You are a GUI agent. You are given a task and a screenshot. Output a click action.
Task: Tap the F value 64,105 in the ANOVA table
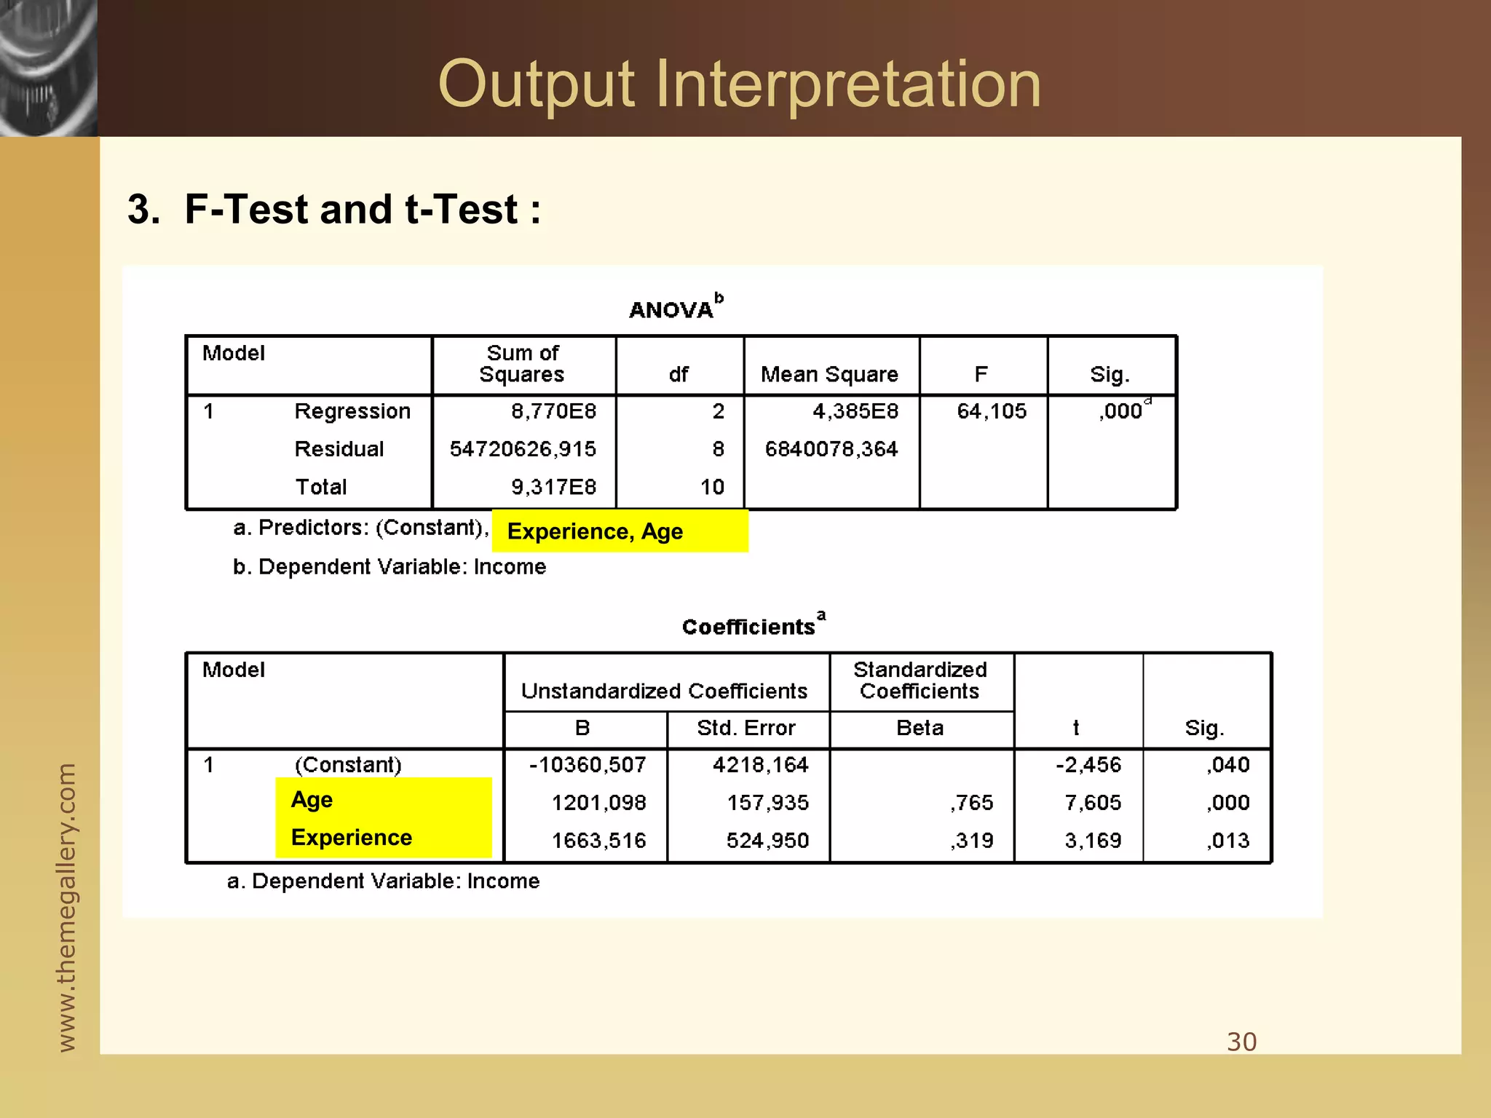coord(991,411)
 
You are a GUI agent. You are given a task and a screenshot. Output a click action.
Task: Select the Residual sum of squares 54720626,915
coord(523,449)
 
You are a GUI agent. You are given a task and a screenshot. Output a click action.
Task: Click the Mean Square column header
coord(829,374)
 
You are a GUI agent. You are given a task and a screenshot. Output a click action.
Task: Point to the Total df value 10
coord(712,487)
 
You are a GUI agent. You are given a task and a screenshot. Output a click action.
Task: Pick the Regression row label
coord(352,411)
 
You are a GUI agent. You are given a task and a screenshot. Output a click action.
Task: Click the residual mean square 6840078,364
coord(831,449)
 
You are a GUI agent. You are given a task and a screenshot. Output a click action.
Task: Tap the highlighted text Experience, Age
coord(595,531)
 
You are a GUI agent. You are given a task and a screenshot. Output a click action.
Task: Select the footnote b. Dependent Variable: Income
coord(389,567)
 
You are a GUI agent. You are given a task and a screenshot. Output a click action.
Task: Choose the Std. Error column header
coord(745,728)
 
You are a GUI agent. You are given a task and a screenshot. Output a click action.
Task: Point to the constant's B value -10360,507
coord(588,765)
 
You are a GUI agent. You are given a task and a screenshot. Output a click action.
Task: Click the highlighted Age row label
coord(312,799)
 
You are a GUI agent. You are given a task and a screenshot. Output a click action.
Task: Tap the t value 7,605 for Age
coord(1092,803)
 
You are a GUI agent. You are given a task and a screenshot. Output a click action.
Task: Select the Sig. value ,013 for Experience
coord(1227,841)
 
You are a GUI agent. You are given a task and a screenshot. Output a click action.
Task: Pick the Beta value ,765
coord(971,803)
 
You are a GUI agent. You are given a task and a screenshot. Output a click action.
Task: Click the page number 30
coord(1241,1042)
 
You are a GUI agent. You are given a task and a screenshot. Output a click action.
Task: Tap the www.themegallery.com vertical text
coord(66,907)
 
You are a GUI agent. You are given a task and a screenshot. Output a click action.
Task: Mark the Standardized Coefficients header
coord(919,680)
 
